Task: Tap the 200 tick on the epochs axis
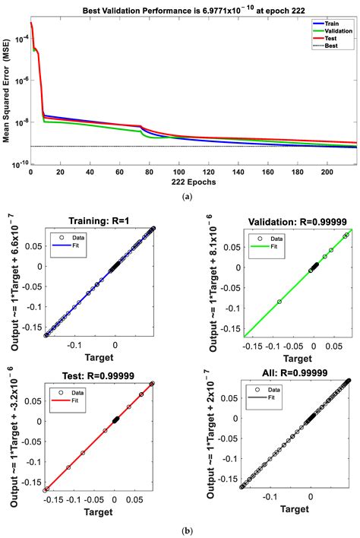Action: click(327, 173)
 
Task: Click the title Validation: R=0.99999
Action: click(299, 200)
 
